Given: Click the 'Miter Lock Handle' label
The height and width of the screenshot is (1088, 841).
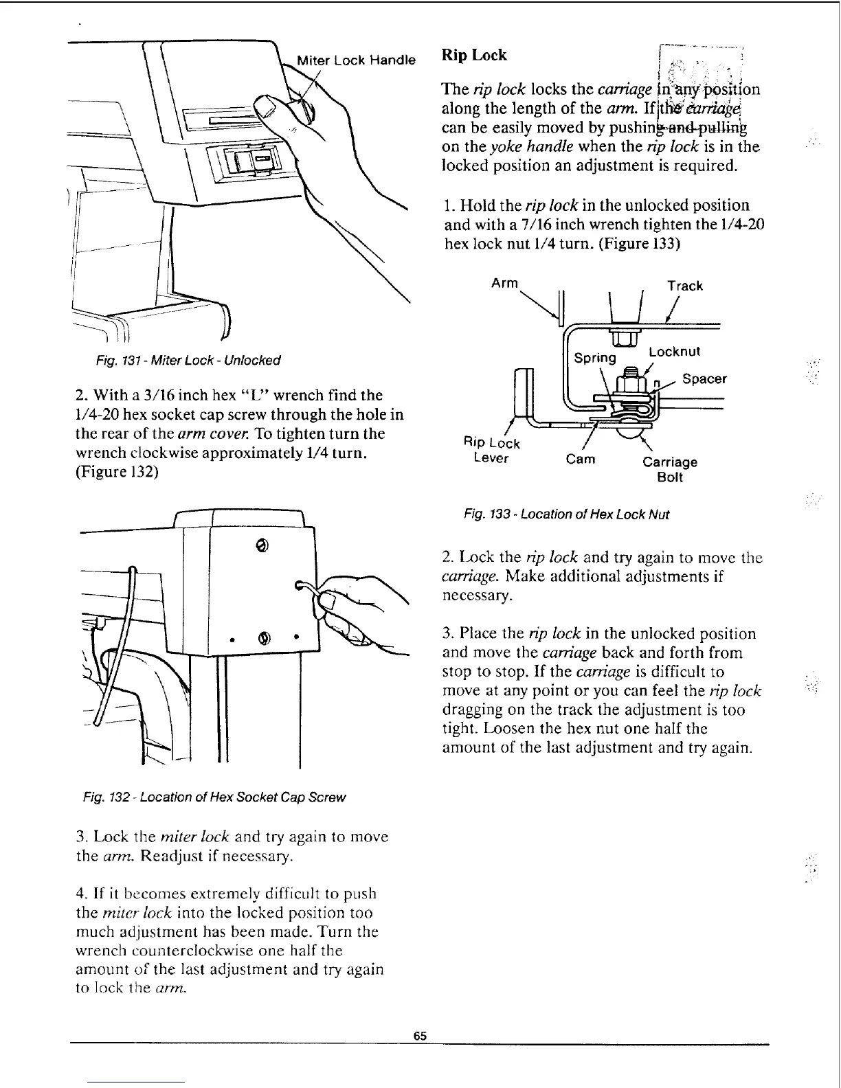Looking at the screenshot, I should [x=356, y=60].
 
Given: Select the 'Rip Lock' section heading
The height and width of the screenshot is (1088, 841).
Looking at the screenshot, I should [x=473, y=55].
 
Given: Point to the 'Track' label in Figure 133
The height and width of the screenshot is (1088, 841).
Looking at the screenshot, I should [x=685, y=286].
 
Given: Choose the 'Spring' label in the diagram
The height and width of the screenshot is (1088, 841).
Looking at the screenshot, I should [x=595, y=357].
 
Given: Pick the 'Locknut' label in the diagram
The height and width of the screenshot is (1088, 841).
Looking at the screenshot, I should [x=675, y=352].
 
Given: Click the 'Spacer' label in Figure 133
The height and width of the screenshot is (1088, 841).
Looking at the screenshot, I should [x=704, y=379].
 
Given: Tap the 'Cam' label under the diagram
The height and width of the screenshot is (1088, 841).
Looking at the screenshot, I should [x=581, y=459].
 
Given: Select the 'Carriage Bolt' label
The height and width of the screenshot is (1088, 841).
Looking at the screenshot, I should [x=670, y=469].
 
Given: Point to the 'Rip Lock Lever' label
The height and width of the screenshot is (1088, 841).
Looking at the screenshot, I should [x=492, y=451].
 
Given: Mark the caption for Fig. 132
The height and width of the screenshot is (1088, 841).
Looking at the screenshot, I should [x=214, y=797].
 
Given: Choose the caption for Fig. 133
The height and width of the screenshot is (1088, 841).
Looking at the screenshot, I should [x=566, y=514].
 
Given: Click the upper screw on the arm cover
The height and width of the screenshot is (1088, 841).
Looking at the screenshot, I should [x=261, y=545].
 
